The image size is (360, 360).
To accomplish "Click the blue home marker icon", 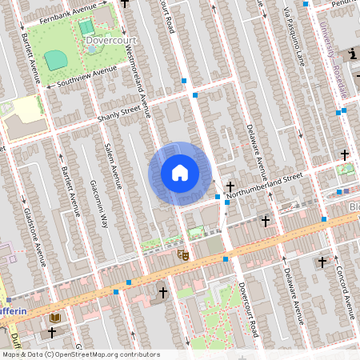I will click(180, 173).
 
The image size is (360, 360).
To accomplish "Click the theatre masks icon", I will click(182, 254).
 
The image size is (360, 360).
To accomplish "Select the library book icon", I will click(54, 318).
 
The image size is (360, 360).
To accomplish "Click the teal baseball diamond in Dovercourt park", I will click(55, 59).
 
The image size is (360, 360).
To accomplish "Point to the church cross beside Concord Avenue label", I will click(322, 262).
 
